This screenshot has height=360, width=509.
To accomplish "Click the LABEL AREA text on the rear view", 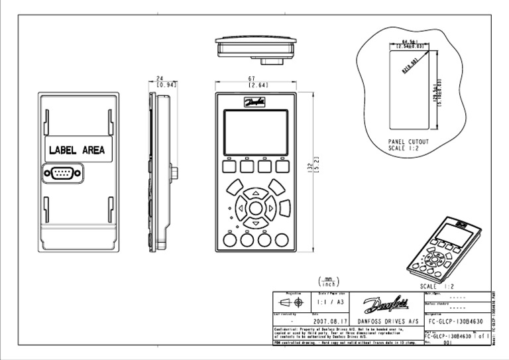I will [x=76, y=150].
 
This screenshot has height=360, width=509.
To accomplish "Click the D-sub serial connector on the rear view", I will [x=63, y=174].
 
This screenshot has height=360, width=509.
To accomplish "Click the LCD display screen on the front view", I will [x=256, y=131].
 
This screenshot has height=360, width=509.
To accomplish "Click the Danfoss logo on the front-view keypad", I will [x=256, y=103].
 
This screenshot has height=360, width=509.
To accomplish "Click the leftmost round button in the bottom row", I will [x=230, y=239].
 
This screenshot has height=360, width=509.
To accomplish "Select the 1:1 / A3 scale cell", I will [x=331, y=302].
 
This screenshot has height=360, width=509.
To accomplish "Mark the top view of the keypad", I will [x=256, y=48].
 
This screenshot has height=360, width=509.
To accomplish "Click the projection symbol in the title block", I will [x=292, y=302].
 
